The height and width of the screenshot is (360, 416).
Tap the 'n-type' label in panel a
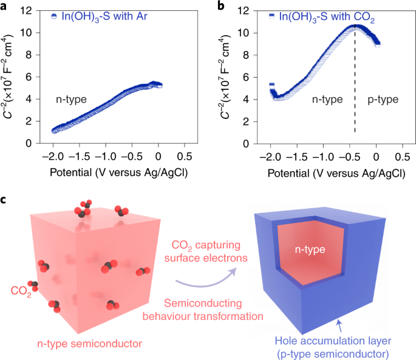(x=71, y=98)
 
